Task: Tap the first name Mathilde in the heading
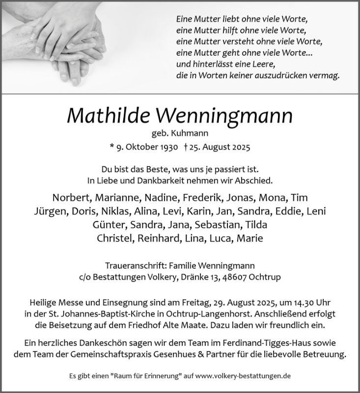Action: coord(105,116)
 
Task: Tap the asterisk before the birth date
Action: coord(112,146)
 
